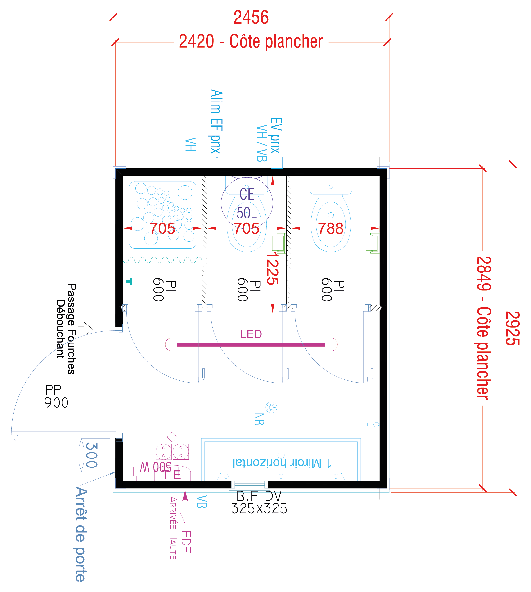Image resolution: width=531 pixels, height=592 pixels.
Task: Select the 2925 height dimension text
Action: point(513,328)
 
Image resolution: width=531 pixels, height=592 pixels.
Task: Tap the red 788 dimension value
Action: point(331,228)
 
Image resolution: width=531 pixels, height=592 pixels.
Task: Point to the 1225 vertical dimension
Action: point(273,269)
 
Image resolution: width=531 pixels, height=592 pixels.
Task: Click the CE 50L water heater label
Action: point(247,203)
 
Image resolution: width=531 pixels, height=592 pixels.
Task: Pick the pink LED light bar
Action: point(251,344)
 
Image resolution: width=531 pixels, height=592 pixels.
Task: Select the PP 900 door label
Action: point(56,396)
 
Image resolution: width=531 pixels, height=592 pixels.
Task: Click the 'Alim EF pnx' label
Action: point(216,122)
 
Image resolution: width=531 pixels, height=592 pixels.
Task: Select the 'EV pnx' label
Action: point(276,135)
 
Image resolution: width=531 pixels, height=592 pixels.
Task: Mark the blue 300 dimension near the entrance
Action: point(92,455)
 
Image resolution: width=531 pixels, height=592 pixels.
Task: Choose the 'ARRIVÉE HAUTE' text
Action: point(173,528)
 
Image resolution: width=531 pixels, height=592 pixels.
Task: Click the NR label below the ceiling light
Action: point(259,419)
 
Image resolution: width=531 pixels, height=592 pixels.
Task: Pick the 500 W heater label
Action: point(156,467)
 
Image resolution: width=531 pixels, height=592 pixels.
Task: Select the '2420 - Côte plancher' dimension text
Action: point(251,41)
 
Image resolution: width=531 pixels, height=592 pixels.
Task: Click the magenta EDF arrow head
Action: point(185,495)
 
